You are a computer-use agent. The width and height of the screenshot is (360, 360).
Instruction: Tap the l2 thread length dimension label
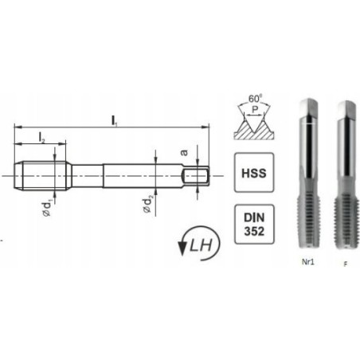(x=41, y=138)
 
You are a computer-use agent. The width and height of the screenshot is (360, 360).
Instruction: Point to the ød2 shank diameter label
(x=148, y=205)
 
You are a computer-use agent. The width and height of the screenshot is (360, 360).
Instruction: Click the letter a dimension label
(x=183, y=150)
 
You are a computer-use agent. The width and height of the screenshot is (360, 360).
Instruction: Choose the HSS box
(x=249, y=173)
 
